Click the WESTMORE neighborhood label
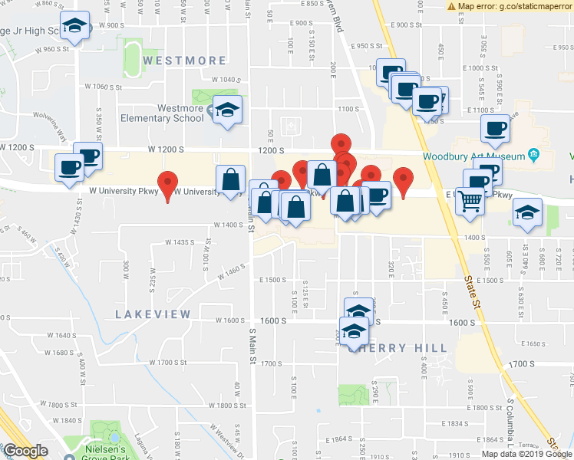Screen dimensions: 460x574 (x=185, y=61)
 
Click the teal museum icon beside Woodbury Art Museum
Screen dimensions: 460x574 (x=535, y=156)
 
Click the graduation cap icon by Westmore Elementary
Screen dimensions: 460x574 (x=227, y=110)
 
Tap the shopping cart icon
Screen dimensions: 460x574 (x=471, y=202)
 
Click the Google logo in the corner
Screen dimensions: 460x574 (x=25, y=451)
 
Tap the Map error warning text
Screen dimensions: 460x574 (x=510, y=6)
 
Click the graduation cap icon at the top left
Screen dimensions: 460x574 (x=75, y=28)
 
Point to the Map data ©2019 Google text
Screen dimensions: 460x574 (x=525, y=453)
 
